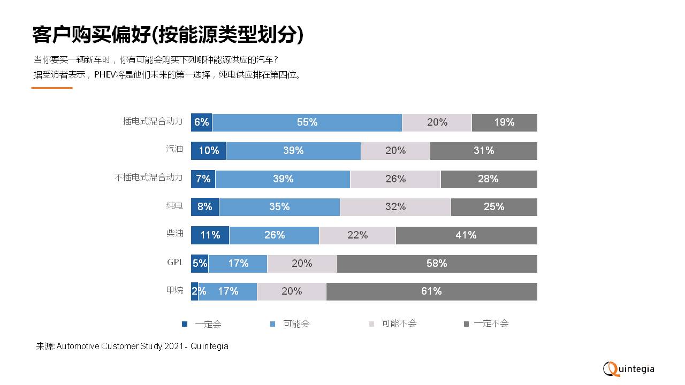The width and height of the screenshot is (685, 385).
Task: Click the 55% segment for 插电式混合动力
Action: [x=307, y=122]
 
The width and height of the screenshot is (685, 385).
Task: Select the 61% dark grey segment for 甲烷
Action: [x=431, y=291]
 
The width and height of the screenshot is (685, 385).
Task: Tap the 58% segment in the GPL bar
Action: [x=437, y=264]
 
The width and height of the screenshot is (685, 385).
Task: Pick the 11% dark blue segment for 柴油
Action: [x=210, y=235]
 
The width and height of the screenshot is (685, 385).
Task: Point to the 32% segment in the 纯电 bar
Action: [x=395, y=207]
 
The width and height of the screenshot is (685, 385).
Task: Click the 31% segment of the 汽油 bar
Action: [x=483, y=151]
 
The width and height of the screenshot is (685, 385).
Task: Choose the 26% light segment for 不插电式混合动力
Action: [x=395, y=179]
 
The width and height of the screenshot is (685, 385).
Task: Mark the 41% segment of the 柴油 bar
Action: [x=466, y=235]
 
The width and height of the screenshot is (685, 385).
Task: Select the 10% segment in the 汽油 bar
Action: [x=209, y=151]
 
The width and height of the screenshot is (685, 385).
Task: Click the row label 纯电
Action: [x=174, y=206]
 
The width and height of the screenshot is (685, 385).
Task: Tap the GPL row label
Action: [x=175, y=262]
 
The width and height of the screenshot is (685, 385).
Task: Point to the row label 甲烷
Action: [x=174, y=290]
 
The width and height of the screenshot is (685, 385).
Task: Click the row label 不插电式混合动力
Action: [x=149, y=178]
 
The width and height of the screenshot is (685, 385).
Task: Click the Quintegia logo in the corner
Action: [x=629, y=368]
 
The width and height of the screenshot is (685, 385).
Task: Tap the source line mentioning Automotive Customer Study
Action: [x=132, y=346]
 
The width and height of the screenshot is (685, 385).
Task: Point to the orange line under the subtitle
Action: [x=52, y=88]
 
